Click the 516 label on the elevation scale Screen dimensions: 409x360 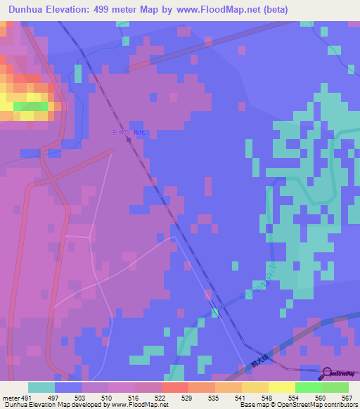pyautogui.click(x=136, y=398)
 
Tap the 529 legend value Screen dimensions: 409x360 pyautogui.click(x=188, y=398)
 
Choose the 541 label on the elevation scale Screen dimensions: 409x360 pyautogui.click(x=241, y=398)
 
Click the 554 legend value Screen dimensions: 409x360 pyautogui.click(x=295, y=398)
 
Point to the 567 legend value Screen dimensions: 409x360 pyautogui.click(x=347, y=398)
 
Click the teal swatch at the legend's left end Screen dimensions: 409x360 pyautogui.click(x=41, y=387)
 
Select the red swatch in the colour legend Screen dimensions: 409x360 pyautogui.click(x=174, y=387)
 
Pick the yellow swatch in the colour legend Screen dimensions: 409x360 pyautogui.click(x=281, y=387)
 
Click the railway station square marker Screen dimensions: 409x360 pyautogui.click(x=129, y=139)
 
